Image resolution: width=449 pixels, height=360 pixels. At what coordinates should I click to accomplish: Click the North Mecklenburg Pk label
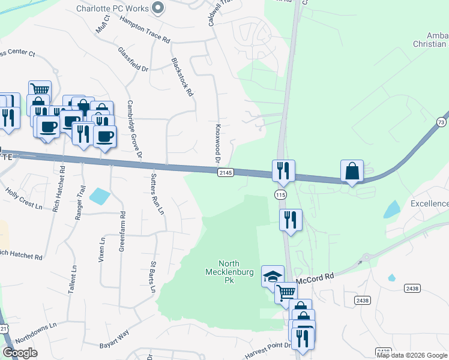[237, 272]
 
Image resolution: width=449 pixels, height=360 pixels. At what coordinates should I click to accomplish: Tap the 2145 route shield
[224, 173]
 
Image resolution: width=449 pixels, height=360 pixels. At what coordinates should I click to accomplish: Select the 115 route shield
[280, 194]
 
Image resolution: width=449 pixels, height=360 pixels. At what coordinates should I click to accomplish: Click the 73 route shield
[442, 122]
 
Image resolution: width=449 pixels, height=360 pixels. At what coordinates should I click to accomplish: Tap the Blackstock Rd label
[182, 77]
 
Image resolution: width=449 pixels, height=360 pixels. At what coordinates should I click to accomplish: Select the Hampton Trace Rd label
[145, 29]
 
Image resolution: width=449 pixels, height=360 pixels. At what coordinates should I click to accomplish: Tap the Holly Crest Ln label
[24, 199]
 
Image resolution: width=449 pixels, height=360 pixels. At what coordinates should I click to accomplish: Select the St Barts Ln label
[154, 277]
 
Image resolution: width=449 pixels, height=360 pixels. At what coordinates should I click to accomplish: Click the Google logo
[20, 353]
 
